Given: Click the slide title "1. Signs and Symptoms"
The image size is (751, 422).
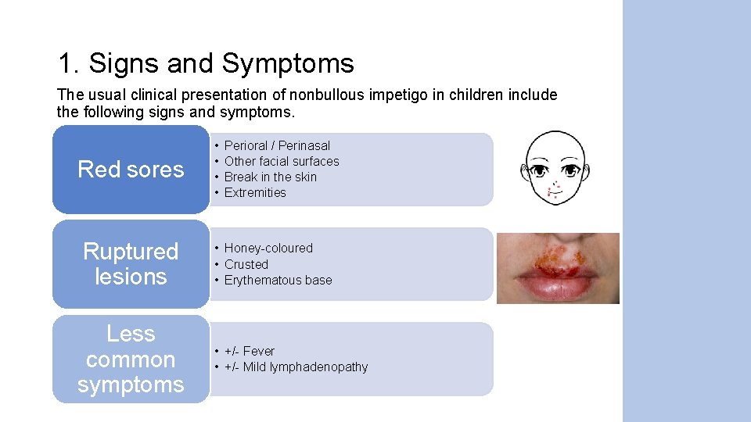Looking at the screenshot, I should pyautogui.click(x=206, y=63).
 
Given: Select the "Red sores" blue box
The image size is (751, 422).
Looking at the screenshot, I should pyautogui.click(x=131, y=170).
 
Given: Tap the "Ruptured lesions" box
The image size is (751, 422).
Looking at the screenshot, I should pyautogui.click(x=131, y=264).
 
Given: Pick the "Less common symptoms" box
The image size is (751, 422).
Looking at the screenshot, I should pyautogui.click(x=131, y=359).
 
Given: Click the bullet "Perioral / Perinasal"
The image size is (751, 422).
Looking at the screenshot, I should pyautogui.click(x=277, y=145).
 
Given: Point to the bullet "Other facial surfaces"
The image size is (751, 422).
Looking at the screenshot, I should pyautogui.click(x=282, y=161).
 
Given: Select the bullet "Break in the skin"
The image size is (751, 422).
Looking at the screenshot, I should pyautogui.click(x=270, y=177).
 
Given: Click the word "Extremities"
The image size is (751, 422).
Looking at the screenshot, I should pyautogui.click(x=255, y=192).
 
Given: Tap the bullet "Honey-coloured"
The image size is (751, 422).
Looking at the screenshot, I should pyautogui.click(x=268, y=248).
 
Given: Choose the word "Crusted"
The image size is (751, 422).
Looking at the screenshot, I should pyautogui.click(x=246, y=264).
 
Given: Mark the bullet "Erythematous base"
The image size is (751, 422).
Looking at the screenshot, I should pyautogui.click(x=278, y=280).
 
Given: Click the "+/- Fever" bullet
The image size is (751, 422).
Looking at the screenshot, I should pyautogui.click(x=250, y=351).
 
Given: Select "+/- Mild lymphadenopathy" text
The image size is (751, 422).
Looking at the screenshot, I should pyautogui.click(x=296, y=367).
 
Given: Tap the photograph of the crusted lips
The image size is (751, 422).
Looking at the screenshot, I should pyautogui.click(x=558, y=268).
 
